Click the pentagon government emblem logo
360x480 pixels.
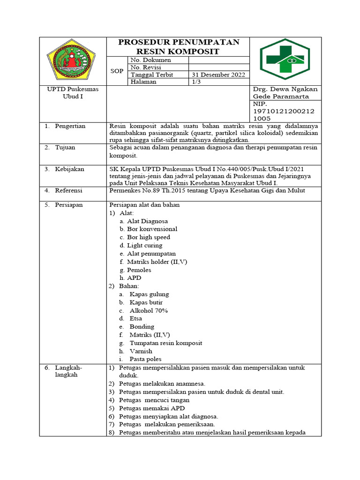73,61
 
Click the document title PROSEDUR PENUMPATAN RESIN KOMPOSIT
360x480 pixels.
179,46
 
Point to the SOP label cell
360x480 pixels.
117,71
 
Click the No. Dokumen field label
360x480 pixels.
150,60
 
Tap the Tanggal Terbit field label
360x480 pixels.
152,75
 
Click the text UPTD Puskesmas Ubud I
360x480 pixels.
73,93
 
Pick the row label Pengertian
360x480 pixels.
69,126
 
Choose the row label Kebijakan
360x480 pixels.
69,169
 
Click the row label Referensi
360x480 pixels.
68,190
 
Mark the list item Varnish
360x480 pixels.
141,351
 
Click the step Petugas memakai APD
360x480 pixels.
151,408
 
